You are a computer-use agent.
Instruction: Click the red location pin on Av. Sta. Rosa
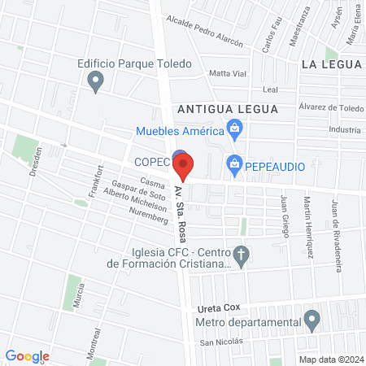click(x=184, y=168)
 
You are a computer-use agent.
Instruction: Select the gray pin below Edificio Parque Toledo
click(x=95, y=80)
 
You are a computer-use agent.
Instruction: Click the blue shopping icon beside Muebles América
click(x=235, y=127)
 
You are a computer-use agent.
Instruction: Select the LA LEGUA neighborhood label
click(x=330, y=63)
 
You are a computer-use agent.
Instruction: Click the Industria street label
click(x=345, y=129)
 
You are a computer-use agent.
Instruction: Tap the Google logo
click(x=28, y=355)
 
